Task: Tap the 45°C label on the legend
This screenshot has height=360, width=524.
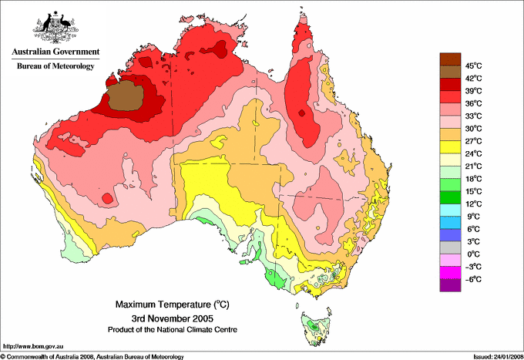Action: [x=472, y=66]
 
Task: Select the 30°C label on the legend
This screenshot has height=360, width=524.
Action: [x=472, y=128]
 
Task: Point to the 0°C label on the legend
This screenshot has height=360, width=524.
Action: [x=471, y=254]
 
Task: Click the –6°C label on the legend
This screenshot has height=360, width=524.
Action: [x=472, y=279]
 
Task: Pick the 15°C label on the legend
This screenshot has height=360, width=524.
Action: [x=472, y=191]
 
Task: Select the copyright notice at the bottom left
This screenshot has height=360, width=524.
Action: [x=92, y=356]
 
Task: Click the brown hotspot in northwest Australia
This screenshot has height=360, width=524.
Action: [x=123, y=96]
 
